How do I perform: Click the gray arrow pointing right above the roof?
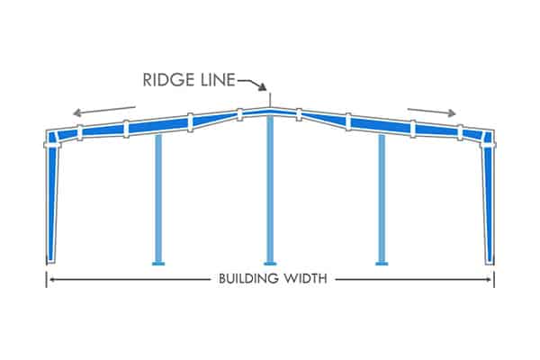431,112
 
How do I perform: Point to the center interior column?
270,189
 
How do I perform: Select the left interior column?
157,198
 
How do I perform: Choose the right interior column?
382,198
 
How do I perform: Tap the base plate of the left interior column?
157,264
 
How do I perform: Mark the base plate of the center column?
270,264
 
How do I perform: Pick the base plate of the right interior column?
382,264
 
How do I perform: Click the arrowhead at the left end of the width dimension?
52,279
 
